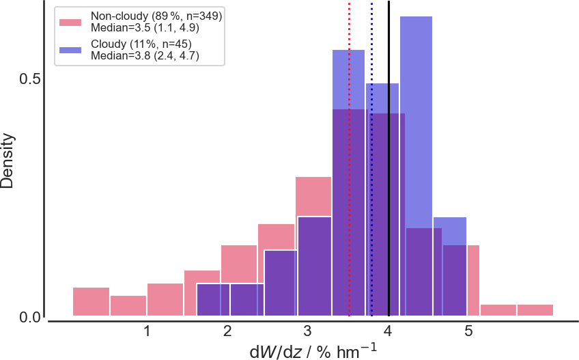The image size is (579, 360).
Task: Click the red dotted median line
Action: coord(350,159)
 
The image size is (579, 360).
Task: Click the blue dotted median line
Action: coord(371,159)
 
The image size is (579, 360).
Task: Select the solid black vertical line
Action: coord(389,158)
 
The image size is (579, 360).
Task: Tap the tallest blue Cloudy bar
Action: coord(416,166)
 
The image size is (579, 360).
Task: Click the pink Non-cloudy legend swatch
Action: coord(70,22)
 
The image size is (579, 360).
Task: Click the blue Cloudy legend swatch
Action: coord(70,50)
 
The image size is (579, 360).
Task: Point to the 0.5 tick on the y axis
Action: coord(29,79)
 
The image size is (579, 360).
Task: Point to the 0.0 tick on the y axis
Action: coord(29,317)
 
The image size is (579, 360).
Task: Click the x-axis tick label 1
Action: coord(147,331)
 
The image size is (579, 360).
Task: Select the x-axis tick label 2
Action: coord(227,331)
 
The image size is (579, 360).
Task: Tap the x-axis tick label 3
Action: coord(307,331)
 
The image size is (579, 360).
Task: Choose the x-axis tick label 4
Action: coord(388,331)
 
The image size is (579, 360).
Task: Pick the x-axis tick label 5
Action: coord(468,331)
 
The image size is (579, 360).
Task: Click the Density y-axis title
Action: coord(8,161)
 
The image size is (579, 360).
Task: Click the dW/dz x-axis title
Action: coord(313,352)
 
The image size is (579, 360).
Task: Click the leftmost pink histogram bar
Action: coord(91,302)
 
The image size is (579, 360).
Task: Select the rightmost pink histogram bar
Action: coord(535,310)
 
